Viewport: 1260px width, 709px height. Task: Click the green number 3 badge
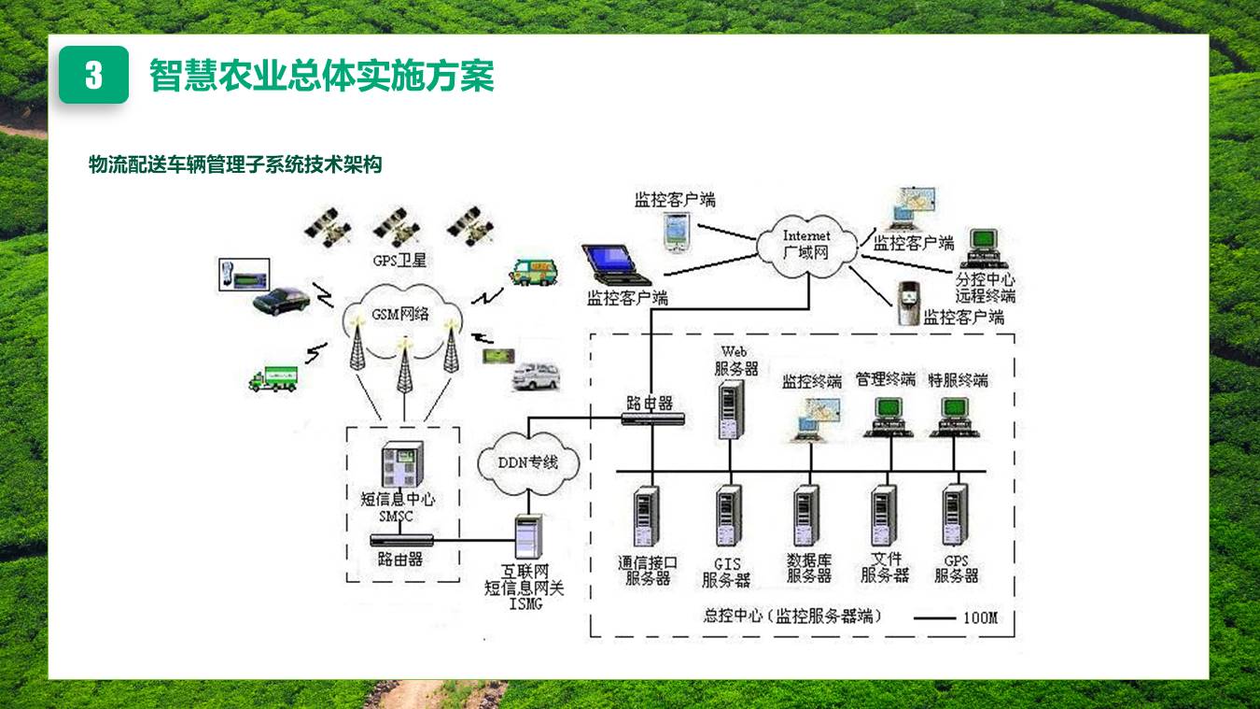click(93, 76)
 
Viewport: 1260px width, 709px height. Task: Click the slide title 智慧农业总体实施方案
click(321, 76)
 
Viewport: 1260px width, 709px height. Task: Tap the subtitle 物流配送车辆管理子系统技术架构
click(235, 165)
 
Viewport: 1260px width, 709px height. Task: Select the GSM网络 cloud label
click(400, 314)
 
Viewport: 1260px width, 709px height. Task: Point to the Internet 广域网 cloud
click(805, 245)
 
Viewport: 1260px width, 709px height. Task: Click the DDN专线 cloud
click(528, 461)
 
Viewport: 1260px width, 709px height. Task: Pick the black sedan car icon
click(281, 300)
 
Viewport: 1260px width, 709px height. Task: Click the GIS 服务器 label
click(727, 573)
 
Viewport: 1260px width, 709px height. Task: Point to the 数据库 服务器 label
click(808, 569)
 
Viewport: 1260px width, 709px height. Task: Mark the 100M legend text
click(980, 617)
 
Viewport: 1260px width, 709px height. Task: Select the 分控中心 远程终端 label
click(985, 289)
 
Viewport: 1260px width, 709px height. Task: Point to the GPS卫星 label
click(399, 261)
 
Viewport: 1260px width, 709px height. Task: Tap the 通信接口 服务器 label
click(647, 570)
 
